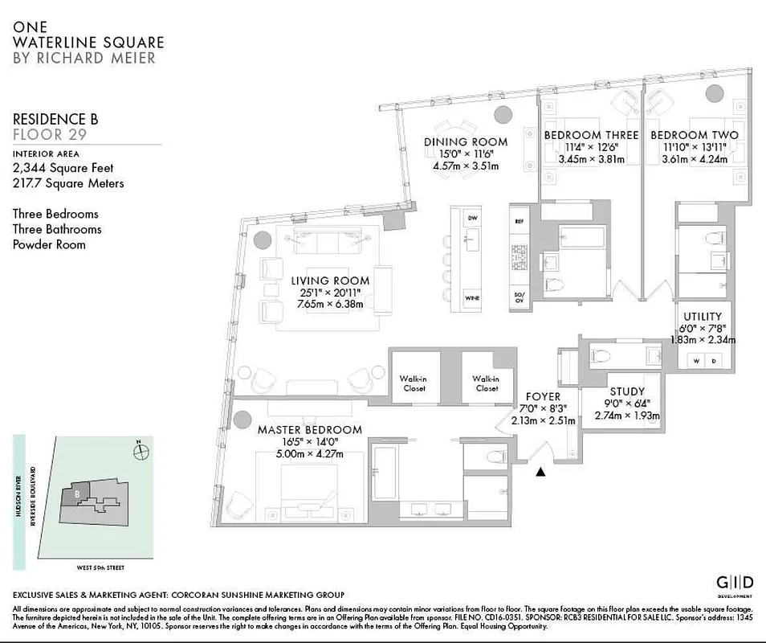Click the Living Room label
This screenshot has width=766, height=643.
tap(330, 281)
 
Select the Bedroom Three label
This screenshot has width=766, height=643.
tap(591, 135)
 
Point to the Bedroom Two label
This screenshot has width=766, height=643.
tap(694, 135)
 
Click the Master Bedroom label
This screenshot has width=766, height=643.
tap(309, 430)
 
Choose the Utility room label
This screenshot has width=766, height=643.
tap(703, 317)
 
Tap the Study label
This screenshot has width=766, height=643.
tap(627, 392)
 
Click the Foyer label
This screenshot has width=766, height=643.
tap(543, 397)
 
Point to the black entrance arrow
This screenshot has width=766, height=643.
tap(540, 473)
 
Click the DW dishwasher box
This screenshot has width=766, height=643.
tap(472, 219)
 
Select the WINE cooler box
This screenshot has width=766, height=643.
tap(472, 299)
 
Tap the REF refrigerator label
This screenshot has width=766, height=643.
tap(518, 219)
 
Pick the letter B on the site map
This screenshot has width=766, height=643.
tap(76, 494)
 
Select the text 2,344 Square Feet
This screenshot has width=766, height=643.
tap(63, 168)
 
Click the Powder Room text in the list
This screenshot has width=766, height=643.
tap(48, 244)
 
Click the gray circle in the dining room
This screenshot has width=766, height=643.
tap(503, 115)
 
